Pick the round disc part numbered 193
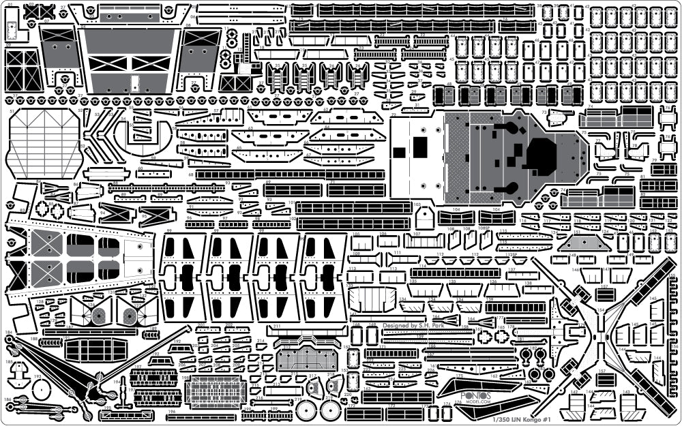[x=42, y=391]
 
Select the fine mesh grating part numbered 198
[x=214, y=392]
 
